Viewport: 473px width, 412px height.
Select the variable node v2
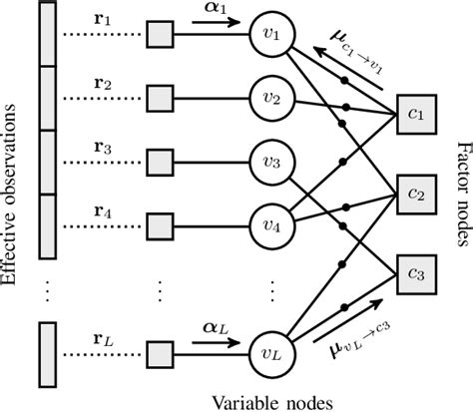276,100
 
